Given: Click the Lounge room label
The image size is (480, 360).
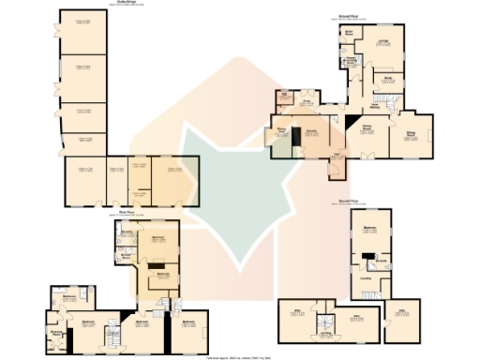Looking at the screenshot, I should point(383,40).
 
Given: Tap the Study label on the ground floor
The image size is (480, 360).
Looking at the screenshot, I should point(386,80).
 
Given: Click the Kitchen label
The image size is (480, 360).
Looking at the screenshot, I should point(310,132).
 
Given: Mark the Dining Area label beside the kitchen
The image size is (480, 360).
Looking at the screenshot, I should point(281,132).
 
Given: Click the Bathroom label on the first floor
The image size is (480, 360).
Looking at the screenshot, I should point(68,297).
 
